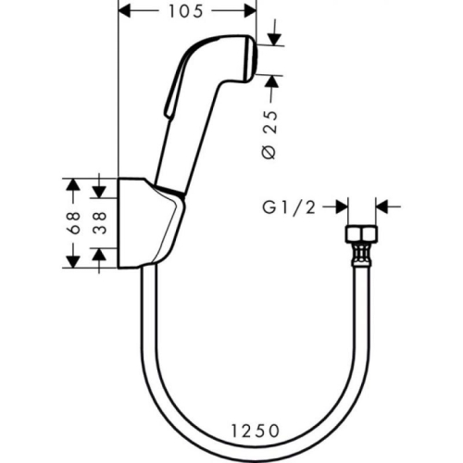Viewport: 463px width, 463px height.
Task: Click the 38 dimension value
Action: click(x=100, y=221)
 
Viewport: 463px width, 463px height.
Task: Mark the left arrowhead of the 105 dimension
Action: click(x=127, y=11)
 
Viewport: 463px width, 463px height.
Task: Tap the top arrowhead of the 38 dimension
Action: click(x=100, y=188)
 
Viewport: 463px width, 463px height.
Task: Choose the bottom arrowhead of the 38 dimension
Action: click(x=100, y=256)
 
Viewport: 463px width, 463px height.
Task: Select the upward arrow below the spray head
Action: click(x=272, y=82)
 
